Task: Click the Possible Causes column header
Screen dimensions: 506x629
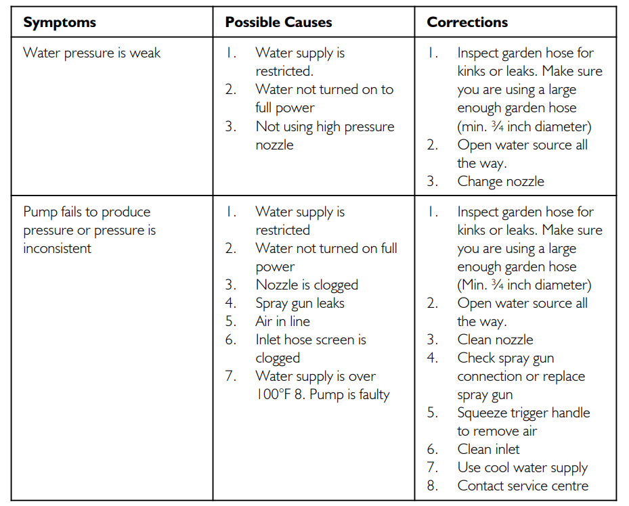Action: coord(278,22)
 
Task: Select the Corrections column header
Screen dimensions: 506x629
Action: coord(467,22)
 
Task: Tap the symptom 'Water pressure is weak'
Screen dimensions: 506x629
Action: coord(91,53)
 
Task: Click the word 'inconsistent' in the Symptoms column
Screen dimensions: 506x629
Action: coord(57,248)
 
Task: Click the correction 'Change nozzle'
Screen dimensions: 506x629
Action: coord(500,181)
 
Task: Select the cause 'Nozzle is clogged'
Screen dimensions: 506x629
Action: coord(307,285)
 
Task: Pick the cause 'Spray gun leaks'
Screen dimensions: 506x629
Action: coord(299,303)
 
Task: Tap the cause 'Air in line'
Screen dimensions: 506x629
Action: coord(282,321)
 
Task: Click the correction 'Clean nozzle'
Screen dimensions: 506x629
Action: coord(495,340)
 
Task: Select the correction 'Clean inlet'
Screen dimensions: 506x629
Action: coord(488,449)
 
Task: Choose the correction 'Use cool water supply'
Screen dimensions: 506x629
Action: coord(522,467)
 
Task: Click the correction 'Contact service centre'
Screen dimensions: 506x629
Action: coord(523,486)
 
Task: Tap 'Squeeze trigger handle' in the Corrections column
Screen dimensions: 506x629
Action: coord(523,413)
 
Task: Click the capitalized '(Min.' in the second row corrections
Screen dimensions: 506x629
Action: coord(473,285)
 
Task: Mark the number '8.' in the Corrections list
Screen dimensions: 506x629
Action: coord(433,486)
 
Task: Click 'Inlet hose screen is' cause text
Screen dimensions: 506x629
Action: coord(310,340)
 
